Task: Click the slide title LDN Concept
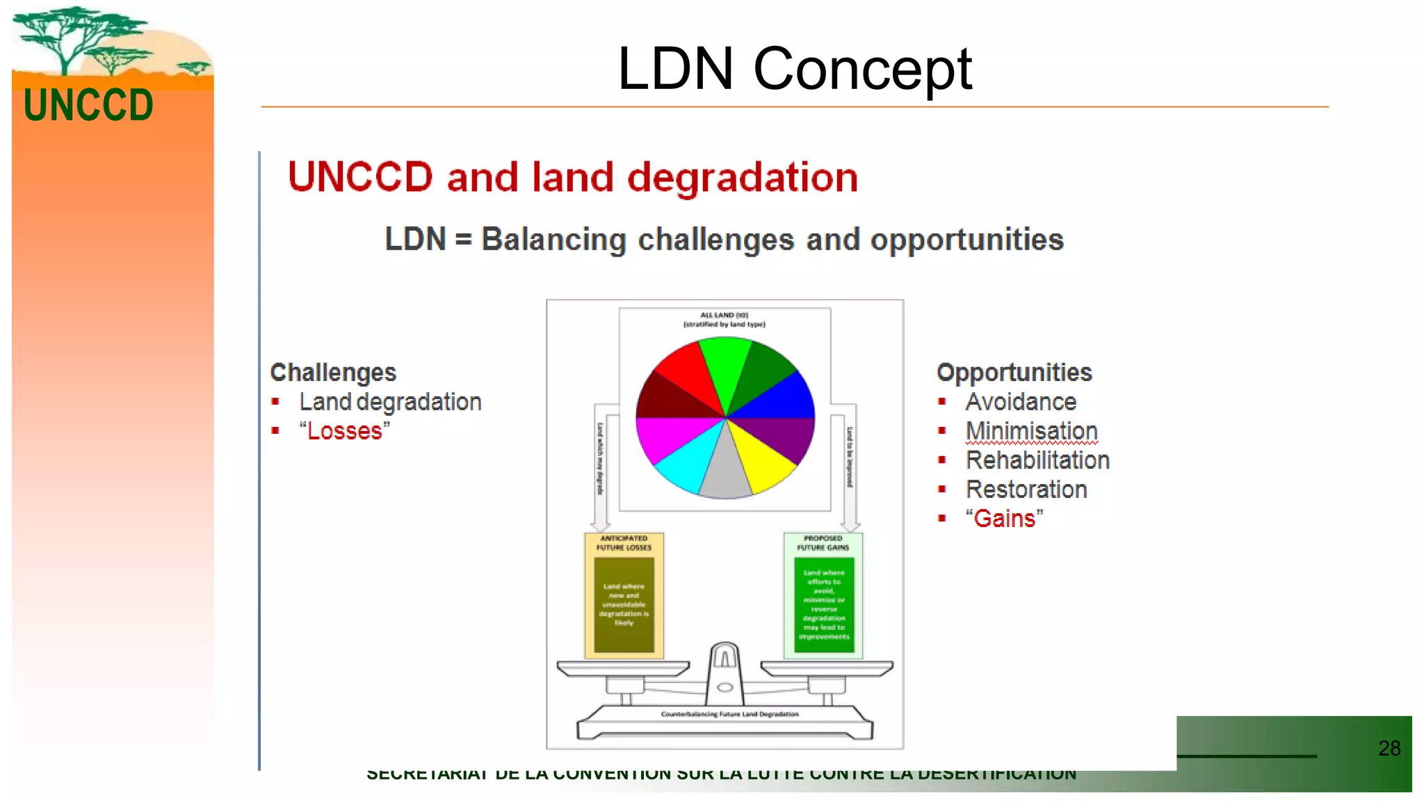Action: point(794,69)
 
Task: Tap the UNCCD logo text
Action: point(88,106)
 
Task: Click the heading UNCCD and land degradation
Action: point(573,177)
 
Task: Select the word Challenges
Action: point(333,373)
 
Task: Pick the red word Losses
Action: point(344,431)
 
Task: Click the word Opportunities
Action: point(1014,373)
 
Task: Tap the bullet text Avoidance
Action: point(1021,402)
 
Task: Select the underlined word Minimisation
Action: point(1031,431)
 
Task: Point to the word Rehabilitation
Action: point(1037,460)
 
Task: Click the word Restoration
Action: point(1026,489)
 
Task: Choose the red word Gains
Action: point(1004,519)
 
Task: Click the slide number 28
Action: point(1389,748)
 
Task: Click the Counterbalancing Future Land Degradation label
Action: point(729,714)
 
